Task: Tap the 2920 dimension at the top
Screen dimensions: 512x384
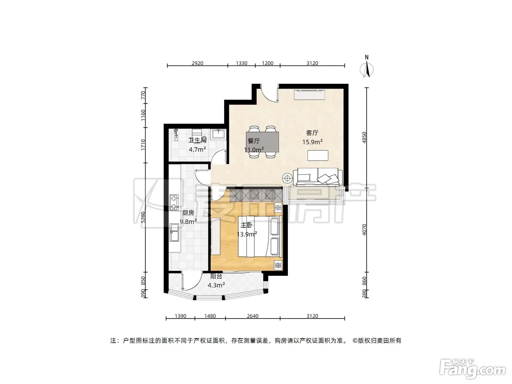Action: (x=197, y=63)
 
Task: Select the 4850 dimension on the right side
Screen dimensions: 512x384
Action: (x=364, y=138)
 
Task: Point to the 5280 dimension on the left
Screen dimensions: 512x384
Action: (x=143, y=217)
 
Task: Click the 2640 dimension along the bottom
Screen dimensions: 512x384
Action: (x=253, y=316)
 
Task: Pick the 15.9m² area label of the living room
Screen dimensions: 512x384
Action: (x=313, y=142)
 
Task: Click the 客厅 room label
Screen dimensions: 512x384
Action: (x=312, y=133)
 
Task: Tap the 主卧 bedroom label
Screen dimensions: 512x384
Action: (x=246, y=225)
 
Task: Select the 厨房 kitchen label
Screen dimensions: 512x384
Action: (x=188, y=212)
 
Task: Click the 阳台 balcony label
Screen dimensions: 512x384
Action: (x=216, y=276)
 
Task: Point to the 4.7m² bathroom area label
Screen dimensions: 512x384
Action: (x=197, y=149)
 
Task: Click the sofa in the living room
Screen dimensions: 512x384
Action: (x=318, y=177)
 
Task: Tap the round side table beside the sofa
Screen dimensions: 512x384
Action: (x=287, y=178)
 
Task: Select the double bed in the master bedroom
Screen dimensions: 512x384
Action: (x=260, y=236)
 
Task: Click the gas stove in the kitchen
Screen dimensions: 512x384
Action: (x=174, y=202)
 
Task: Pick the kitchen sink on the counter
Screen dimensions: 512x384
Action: (x=174, y=233)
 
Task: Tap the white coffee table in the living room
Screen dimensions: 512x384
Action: (x=318, y=155)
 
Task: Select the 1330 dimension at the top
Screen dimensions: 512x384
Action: (x=241, y=63)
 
